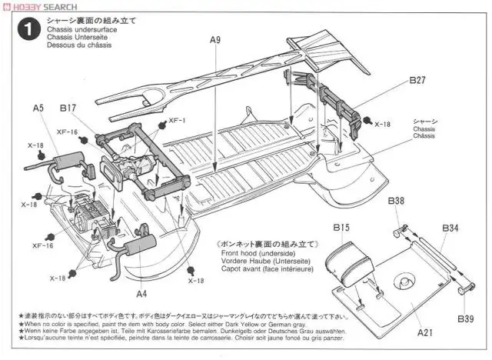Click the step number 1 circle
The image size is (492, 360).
(28, 30)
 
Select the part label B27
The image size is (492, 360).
(417, 79)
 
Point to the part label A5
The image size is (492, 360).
(38, 108)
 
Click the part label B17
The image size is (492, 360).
(68, 108)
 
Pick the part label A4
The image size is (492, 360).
(141, 293)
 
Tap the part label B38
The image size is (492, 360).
(396, 202)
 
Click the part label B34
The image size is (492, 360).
(450, 228)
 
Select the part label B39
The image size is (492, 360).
(465, 318)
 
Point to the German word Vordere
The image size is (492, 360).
(236, 262)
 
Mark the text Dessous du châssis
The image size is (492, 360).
(78, 45)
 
